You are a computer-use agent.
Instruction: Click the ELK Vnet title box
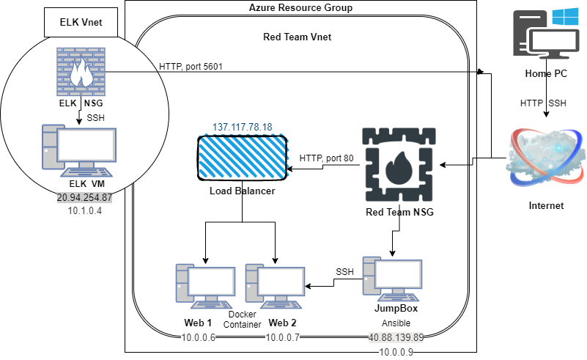[81, 23]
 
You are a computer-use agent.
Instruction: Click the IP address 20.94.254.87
[84, 198]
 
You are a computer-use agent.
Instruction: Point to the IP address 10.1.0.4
[84, 211]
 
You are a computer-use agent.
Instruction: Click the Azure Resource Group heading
[300, 8]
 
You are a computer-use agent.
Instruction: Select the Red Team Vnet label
[300, 37]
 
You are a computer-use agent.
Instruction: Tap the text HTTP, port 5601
[191, 67]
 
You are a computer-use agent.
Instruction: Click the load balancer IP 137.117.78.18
[242, 128]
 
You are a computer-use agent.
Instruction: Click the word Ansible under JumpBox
[395, 323]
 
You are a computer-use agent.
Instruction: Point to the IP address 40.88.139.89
[396, 338]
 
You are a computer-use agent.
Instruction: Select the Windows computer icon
[543, 34]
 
